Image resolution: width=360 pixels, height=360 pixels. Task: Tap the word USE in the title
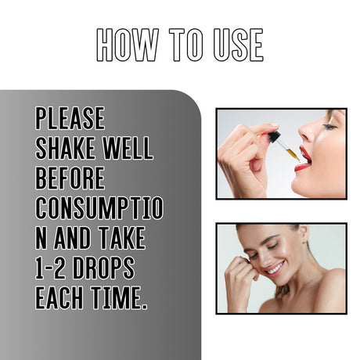pyautogui.click(x=232, y=45)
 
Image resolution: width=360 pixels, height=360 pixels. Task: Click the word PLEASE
pyautogui.click(x=70, y=119)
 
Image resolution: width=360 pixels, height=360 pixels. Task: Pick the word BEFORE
pyautogui.click(x=70, y=178)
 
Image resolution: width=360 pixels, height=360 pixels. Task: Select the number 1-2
pyautogui.click(x=55, y=268)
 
